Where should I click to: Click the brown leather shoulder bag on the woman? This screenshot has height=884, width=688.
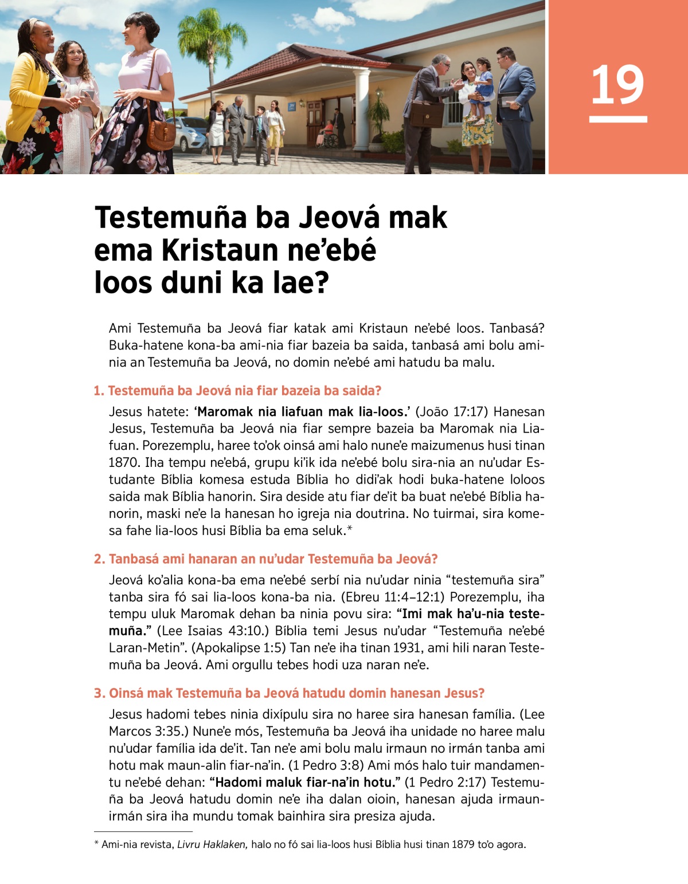161,133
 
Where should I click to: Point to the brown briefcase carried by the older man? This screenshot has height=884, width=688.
427,113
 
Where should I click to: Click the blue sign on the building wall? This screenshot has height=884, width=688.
292,107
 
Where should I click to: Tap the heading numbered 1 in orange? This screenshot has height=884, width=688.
237,391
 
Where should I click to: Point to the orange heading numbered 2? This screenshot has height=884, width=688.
265,559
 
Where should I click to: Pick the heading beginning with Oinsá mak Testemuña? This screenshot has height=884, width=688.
289,693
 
